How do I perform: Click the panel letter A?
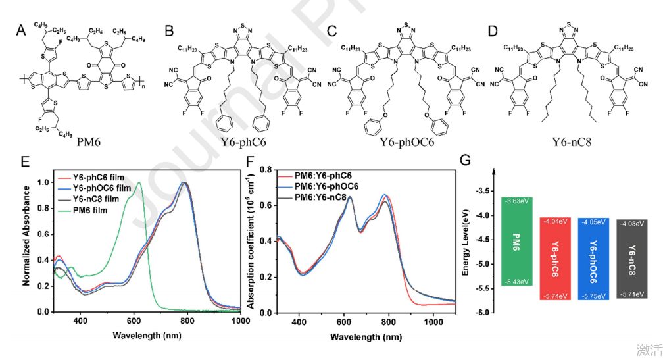pos(20,30)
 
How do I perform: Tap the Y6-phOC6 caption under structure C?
pos(403,141)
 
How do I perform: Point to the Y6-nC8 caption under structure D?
pos(563,141)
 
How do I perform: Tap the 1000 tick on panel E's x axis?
pos(240,321)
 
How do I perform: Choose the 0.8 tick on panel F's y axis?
pos(266,169)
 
